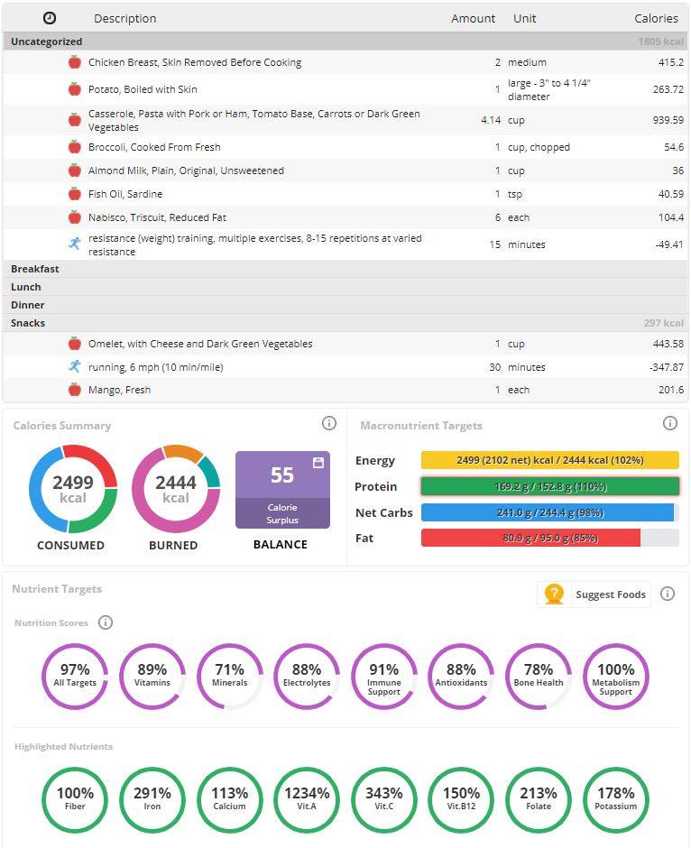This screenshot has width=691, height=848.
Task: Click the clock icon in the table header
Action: (50, 18)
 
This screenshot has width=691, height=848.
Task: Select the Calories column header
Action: (656, 18)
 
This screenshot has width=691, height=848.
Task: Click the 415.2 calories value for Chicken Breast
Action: (670, 62)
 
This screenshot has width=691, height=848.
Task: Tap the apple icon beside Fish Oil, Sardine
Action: (75, 194)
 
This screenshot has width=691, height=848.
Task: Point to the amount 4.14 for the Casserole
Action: (491, 120)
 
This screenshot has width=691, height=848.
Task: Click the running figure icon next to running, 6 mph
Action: (75, 366)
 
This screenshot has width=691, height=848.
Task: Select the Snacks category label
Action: (28, 323)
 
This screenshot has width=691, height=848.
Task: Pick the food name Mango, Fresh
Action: (119, 390)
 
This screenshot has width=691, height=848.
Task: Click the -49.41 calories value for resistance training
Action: (669, 244)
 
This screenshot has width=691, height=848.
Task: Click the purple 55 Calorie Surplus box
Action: (282, 490)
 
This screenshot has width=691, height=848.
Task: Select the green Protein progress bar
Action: (550, 486)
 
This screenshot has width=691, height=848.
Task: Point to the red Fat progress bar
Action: (530, 538)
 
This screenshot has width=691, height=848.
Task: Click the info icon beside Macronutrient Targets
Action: (670, 423)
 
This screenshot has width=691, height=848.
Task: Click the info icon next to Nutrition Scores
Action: (106, 622)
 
